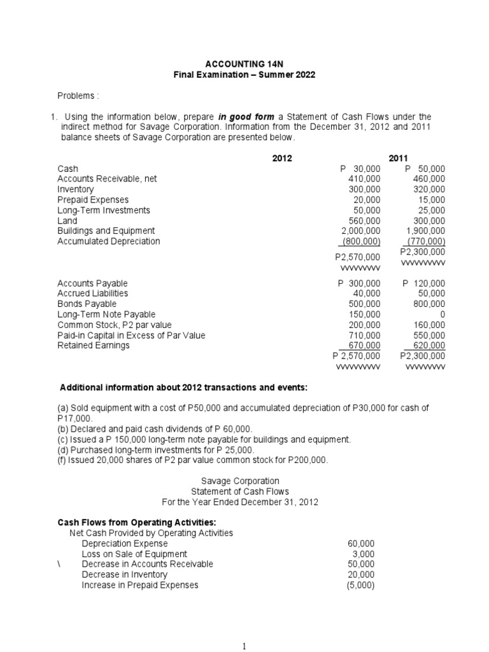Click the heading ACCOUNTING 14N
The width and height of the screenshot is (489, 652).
point(244,64)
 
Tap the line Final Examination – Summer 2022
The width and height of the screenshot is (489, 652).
point(244,74)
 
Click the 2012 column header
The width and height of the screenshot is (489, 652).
point(282,159)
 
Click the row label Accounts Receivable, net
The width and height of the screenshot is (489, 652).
point(107,179)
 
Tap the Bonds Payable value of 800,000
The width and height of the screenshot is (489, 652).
point(429,304)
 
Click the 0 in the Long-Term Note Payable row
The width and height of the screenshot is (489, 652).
point(443,315)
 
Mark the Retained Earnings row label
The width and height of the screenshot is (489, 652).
point(94,345)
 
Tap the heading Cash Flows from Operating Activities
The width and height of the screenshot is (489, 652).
point(129,522)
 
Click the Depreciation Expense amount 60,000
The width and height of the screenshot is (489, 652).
point(361,543)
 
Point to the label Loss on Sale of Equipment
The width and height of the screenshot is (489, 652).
point(134,554)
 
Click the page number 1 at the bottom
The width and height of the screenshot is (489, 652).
point(244,645)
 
